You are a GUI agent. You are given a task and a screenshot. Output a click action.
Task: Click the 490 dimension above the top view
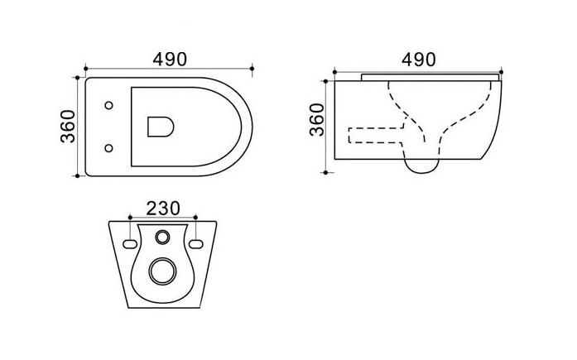(170, 60)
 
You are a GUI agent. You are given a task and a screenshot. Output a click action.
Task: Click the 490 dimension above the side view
(419, 60)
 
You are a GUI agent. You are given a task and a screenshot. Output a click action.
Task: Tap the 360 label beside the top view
(68, 127)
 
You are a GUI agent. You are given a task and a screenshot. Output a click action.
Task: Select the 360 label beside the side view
(317, 120)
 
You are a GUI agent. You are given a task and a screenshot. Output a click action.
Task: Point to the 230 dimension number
(163, 209)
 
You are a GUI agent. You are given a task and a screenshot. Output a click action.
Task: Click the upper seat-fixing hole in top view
(108, 105)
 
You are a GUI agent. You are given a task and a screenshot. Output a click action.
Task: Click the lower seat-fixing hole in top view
(108, 148)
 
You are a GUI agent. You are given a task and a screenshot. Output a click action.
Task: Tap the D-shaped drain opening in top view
(161, 127)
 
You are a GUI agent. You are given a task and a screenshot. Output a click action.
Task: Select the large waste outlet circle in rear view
(162, 271)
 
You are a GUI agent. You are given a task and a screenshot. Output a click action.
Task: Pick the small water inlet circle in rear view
(162, 237)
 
